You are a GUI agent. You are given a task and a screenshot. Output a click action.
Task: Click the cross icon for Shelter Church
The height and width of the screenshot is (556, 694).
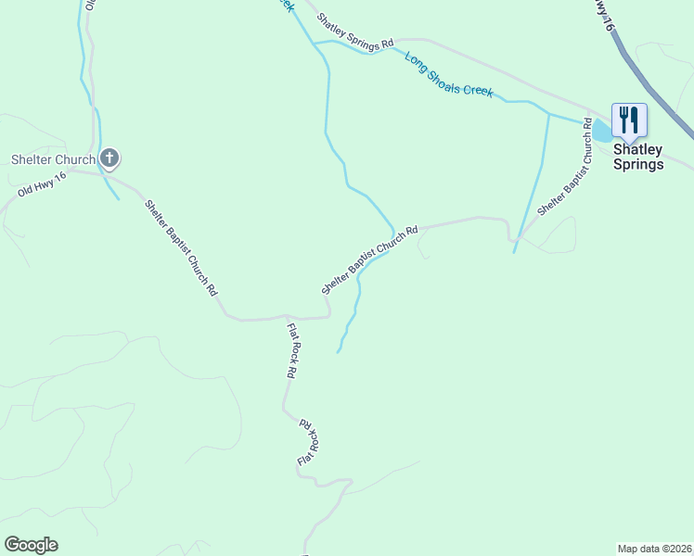click(109, 158)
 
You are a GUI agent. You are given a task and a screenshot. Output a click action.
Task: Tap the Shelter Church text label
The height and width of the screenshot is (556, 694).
click(53, 159)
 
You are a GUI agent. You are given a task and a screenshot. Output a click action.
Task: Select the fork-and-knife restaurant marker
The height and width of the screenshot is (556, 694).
click(629, 120)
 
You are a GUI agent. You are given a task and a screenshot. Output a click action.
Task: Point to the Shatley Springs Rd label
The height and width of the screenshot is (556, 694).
click(355, 31)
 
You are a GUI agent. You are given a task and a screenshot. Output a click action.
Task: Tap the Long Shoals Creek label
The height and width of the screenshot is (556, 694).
click(449, 74)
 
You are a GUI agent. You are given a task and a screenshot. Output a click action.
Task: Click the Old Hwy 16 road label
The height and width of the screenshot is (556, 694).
click(43, 184)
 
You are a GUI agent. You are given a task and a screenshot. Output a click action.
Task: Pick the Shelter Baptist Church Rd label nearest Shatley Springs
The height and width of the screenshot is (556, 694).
click(563, 167)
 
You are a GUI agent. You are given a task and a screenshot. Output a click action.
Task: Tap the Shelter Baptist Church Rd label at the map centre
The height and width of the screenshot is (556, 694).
click(370, 259)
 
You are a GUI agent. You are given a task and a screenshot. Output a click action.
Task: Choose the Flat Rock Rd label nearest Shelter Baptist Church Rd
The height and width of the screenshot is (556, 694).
click(291, 350)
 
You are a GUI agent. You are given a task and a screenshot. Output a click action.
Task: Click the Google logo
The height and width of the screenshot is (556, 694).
click(31, 545)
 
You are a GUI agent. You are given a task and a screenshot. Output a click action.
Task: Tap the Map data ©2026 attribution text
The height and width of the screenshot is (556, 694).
click(655, 548)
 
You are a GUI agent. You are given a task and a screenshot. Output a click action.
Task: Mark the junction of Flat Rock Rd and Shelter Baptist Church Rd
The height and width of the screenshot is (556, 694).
click(287, 317)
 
